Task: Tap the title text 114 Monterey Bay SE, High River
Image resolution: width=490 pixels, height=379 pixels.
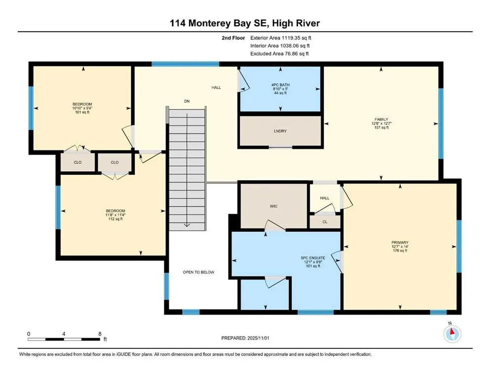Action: point(245,23)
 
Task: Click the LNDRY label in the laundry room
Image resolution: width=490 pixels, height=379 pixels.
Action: point(280,131)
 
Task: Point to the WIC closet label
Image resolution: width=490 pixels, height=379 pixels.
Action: point(274,206)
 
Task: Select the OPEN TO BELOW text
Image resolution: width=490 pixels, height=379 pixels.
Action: point(198,272)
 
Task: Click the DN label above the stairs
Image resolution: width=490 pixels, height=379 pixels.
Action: point(187,101)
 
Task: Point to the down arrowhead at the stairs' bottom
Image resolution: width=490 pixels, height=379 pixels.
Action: point(187,225)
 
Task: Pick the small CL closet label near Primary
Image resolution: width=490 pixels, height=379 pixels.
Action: point(325,222)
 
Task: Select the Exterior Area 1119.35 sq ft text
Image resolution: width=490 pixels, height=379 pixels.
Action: point(281,37)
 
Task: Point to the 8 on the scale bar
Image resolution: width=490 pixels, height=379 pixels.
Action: point(100,334)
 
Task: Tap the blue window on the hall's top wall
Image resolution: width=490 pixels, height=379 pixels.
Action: point(185,64)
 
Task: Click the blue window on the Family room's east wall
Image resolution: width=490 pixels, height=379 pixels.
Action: point(441,123)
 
